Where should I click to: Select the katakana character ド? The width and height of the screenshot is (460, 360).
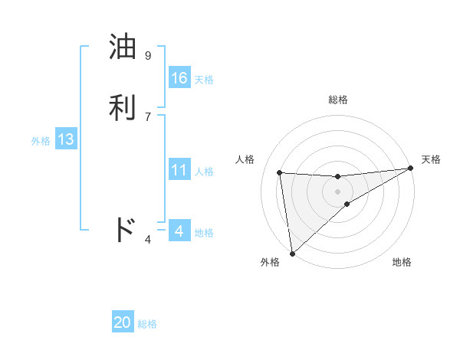pyautogui.click(x=125, y=230)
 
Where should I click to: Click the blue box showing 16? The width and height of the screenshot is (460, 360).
pyautogui.click(x=179, y=78)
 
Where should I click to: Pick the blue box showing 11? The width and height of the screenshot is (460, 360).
pyautogui.click(x=179, y=171)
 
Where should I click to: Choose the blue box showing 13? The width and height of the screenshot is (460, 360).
pyautogui.click(x=66, y=140)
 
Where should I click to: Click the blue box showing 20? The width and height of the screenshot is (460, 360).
pyautogui.click(x=123, y=323)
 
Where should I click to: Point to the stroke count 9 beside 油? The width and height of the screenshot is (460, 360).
pyautogui.click(x=148, y=56)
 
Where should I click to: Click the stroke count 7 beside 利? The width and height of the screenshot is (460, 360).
pyautogui.click(x=148, y=116)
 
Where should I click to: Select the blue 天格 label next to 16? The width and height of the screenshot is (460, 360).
pyautogui.click(x=204, y=80)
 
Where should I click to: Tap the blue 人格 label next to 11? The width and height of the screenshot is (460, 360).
pyautogui.click(x=204, y=172)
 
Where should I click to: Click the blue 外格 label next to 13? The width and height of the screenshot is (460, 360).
pyautogui.click(x=41, y=141)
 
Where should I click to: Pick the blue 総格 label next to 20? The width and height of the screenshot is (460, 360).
pyautogui.click(x=147, y=324)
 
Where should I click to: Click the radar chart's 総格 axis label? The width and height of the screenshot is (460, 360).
pyautogui.click(x=338, y=100)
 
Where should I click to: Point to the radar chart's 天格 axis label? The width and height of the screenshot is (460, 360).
pyautogui.click(x=431, y=159)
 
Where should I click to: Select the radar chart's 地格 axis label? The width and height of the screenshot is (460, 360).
pyautogui.click(x=402, y=262)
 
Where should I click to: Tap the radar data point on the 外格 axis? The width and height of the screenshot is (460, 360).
pyautogui.click(x=291, y=253)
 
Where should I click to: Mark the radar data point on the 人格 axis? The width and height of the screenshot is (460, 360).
pyautogui.click(x=280, y=172)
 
